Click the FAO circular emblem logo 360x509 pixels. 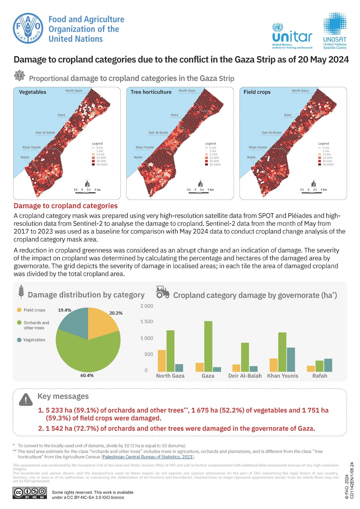(x=28, y=28)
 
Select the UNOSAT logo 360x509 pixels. (x=335, y=31)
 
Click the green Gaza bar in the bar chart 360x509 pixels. (x=208, y=346)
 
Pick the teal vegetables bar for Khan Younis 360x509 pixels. (x=291, y=359)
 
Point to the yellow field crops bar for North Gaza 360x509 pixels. (x=162, y=361)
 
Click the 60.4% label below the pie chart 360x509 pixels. (x=87, y=375)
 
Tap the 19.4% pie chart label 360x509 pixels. (x=65, y=310)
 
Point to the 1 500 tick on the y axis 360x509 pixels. (x=147, y=322)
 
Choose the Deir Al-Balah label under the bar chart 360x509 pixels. (x=245, y=376)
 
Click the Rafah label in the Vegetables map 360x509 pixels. (x=25, y=158)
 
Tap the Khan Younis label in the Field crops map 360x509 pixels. (x=258, y=147)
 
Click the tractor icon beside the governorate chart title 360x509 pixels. (x=163, y=292)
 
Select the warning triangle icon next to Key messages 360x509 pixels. (x=26, y=400)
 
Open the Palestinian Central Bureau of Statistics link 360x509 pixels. (x=147, y=457)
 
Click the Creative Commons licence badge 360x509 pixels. (x=30, y=493)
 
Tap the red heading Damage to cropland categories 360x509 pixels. (x=66, y=206)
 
